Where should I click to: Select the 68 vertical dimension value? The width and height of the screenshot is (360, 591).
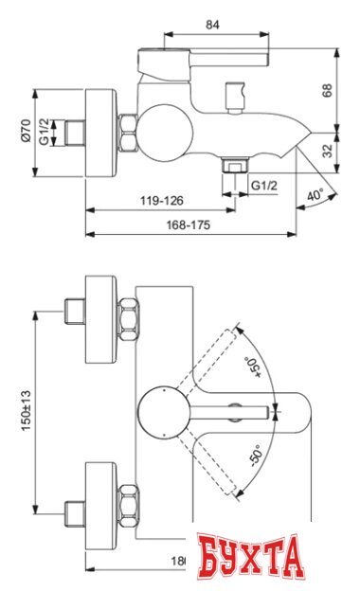coord(329,90)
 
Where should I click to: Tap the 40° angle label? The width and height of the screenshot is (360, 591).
coord(315,195)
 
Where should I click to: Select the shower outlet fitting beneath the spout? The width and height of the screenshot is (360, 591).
coord(231,170)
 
